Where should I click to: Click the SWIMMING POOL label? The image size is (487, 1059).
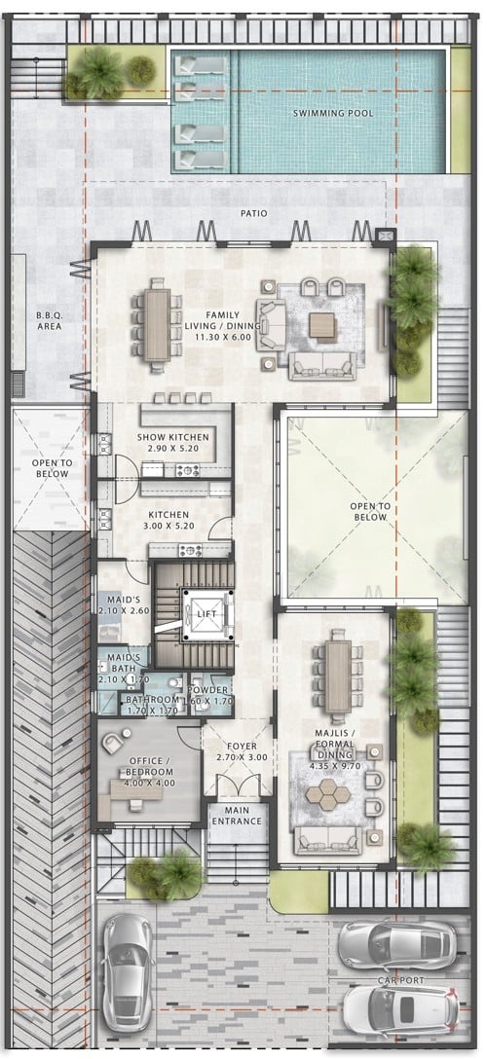pyautogui.click(x=333, y=114)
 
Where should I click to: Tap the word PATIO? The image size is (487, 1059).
pyautogui.click(x=254, y=213)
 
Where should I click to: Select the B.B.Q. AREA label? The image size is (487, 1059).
pyautogui.click(x=50, y=321)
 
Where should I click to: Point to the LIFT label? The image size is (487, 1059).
pyautogui.click(x=206, y=614)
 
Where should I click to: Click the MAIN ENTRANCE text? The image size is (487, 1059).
pyautogui.click(x=237, y=816)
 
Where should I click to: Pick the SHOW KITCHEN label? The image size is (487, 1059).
pyautogui.click(x=173, y=437)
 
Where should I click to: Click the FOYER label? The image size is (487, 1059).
pyautogui.click(x=242, y=747)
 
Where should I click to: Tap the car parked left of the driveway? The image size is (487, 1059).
pyautogui.click(x=127, y=969)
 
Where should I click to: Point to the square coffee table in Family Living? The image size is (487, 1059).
pyautogui.click(x=322, y=327)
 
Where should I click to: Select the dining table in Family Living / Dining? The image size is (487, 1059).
pyautogui.click(x=158, y=325)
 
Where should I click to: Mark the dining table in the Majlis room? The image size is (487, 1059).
pyautogui.click(x=338, y=676)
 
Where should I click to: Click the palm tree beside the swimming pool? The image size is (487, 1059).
pyautogui.click(x=101, y=72)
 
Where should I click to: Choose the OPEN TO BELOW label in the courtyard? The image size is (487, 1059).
pyautogui.click(x=369, y=511)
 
